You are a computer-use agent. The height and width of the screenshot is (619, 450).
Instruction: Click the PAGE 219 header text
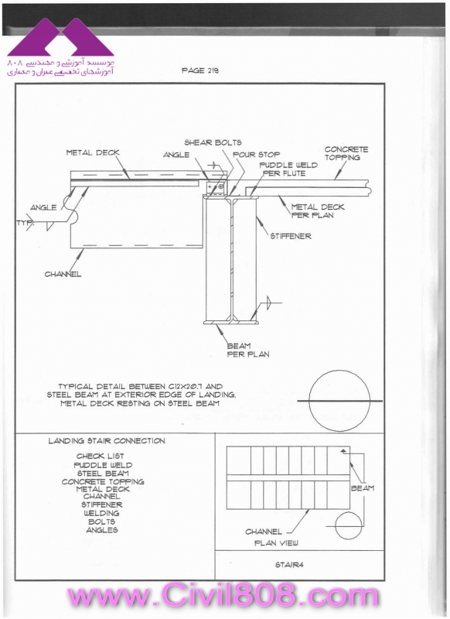click(x=200, y=70)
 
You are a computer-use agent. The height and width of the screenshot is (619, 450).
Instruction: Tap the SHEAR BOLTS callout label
click(x=213, y=142)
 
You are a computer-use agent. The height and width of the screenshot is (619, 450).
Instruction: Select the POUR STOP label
click(x=257, y=154)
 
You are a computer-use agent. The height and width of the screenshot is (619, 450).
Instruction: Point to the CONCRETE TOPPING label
click(x=346, y=153)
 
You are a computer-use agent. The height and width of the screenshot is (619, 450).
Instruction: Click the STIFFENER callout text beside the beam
click(x=291, y=236)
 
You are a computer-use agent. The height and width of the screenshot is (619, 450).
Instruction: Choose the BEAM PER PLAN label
click(x=248, y=351)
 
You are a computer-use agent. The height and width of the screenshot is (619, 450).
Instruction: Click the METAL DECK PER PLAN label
click(x=318, y=210)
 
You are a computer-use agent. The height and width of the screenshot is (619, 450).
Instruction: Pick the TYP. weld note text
click(x=26, y=223)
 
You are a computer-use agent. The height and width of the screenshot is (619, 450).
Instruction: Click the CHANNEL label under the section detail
click(x=63, y=274)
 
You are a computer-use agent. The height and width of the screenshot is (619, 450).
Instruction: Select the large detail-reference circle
click(x=339, y=400)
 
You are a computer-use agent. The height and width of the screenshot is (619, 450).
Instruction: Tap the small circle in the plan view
click(x=349, y=525)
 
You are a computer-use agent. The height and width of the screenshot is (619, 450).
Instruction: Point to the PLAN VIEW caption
click(x=276, y=543)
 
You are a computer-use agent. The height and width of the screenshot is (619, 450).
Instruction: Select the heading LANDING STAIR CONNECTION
click(x=107, y=441)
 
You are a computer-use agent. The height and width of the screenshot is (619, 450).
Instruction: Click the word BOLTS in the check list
click(x=102, y=522)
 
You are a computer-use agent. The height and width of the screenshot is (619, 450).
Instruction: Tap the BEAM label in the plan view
click(x=363, y=488)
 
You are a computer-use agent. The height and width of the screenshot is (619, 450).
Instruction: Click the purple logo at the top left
click(x=60, y=36)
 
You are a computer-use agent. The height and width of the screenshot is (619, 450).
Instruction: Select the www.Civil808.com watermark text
click(x=223, y=595)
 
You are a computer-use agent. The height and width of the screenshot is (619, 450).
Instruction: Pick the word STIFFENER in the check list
click(x=102, y=504)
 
